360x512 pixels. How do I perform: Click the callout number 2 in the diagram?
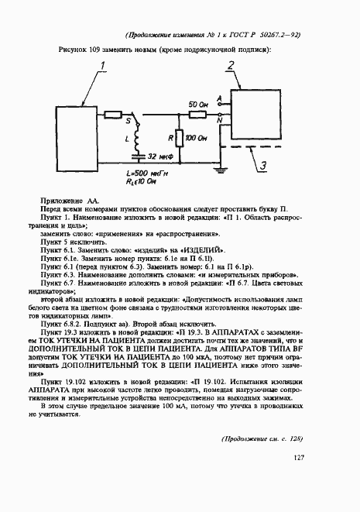230,67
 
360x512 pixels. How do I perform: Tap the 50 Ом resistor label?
198,104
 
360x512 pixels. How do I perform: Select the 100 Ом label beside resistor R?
195,139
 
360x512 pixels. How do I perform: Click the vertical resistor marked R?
177,139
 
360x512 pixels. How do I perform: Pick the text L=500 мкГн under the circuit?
146,174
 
